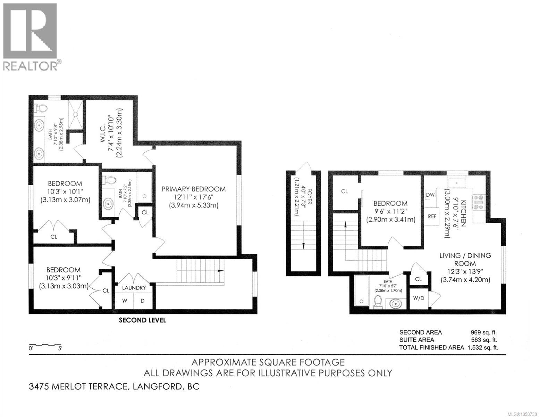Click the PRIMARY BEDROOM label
tap(193, 189)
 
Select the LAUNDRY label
tap(134, 288)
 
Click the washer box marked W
tap(125, 301)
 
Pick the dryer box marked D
tap(143, 301)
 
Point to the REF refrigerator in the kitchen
tap(432, 216)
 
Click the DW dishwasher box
tap(430, 195)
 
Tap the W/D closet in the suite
tap(419, 298)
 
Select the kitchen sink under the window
tap(457, 183)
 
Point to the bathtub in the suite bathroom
tap(362, 292)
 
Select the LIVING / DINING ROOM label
tap(465, 259)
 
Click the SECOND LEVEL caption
tap(142, 320)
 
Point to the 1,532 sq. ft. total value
tap(482, 347)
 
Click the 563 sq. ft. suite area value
tap(484, 340)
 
